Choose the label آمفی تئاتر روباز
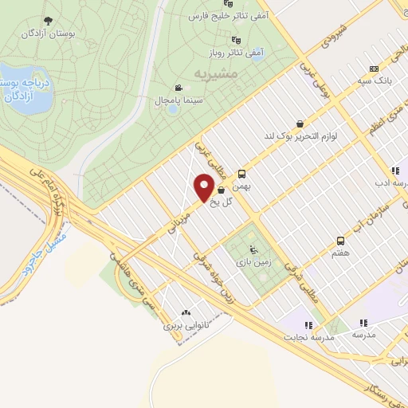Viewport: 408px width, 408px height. tap(245, 53)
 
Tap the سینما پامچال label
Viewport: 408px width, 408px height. tap(177, 100)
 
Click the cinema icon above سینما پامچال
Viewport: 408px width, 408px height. tap(177, 88)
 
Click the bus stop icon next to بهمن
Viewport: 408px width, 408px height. tap(241, 171)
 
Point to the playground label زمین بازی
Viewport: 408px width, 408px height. tap(252, 261)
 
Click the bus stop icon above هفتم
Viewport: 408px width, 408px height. tap(341, 239)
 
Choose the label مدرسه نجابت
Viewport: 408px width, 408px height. tap(308, 338)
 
